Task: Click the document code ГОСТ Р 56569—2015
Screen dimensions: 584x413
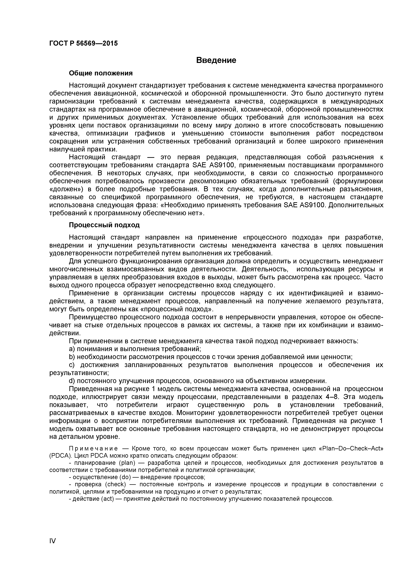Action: [x=83, y=43]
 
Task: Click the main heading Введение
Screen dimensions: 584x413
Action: [x=216, y=60]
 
